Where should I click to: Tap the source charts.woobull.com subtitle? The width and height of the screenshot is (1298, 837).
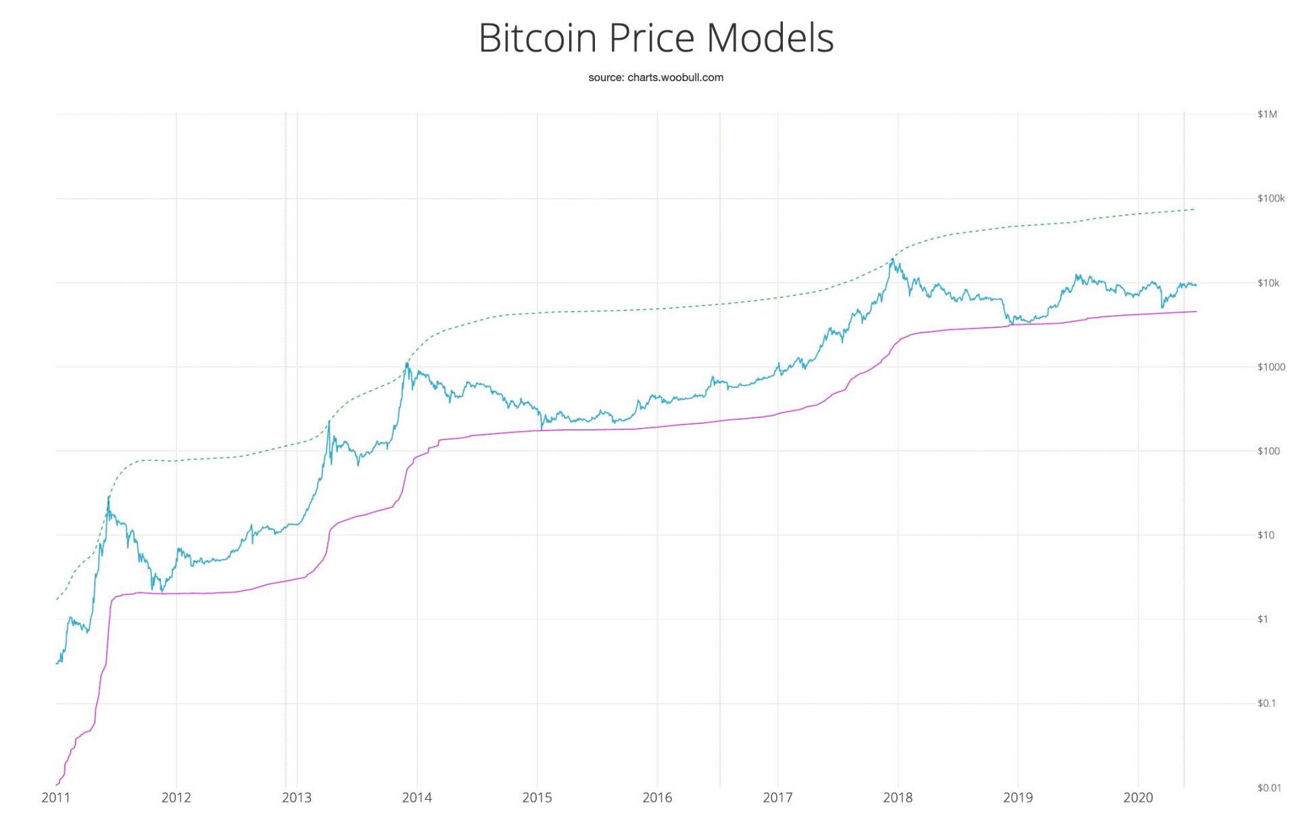click(655, 78)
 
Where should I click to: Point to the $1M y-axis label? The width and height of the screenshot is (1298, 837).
click(1267, 114)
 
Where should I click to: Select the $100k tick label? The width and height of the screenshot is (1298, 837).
click(1270, 199)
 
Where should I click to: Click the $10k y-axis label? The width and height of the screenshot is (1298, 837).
click(1268, 283)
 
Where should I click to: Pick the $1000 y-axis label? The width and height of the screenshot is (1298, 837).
click(1271, 367)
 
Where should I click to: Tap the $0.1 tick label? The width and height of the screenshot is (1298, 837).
click(1266, 704)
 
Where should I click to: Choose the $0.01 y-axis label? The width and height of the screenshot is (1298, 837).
click(1269, 788)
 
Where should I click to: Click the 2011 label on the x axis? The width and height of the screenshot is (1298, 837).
click(55, 798)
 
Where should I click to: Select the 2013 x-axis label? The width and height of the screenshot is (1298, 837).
click(296, 798)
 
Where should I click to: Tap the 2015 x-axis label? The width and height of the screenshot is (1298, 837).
click(537, 798)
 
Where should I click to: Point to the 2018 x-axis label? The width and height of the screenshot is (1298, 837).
click(897, 798)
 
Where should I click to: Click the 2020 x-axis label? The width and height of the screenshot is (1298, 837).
click(1138, 798)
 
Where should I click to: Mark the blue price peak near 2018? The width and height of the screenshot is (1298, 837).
click(893, 259)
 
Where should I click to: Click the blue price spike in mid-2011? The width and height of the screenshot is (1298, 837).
click(109, 497)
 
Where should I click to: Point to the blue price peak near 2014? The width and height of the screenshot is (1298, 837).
click(407, 363)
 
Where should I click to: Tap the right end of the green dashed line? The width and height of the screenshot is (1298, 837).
click(1195, 210)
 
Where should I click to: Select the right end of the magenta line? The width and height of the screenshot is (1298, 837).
click(1196, 312)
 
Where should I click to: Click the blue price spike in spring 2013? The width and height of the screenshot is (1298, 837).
click(329, 422)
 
